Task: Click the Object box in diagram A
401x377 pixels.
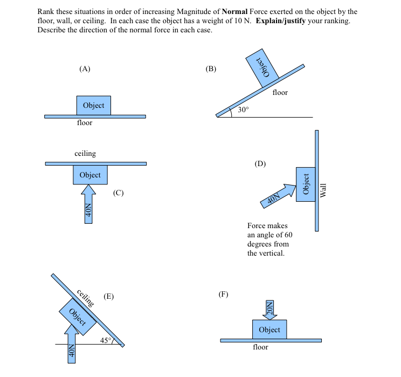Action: click(94, 105)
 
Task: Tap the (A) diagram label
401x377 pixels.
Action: click(85, 68)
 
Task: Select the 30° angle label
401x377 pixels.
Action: click(244, 109)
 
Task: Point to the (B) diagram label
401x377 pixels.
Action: click(211, 68)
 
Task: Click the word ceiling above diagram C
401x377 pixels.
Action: click(85, 154)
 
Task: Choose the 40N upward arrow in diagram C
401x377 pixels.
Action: click(88, 204)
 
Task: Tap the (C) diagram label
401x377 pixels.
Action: click(119, 193)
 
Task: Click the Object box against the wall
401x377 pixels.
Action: click(306, 184)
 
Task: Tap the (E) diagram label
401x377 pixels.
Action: click(109, 296)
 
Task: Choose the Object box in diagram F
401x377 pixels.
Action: click(269, 330)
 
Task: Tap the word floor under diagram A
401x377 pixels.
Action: click(85, 123)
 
